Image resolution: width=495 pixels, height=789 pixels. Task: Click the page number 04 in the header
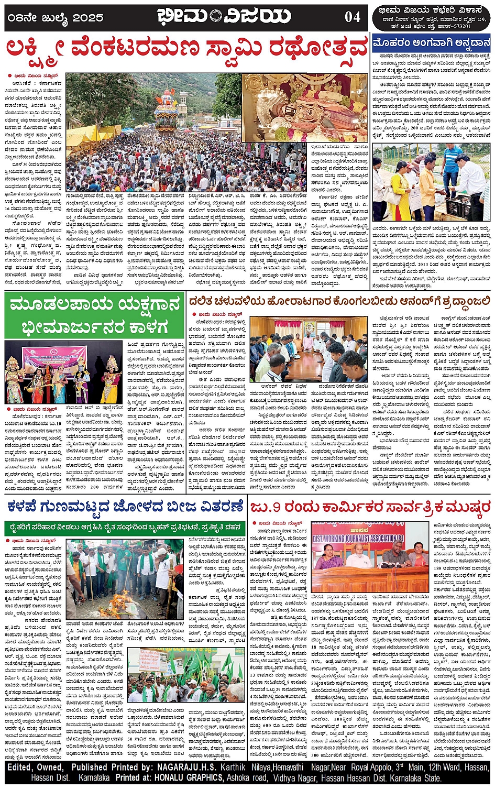(353, 17)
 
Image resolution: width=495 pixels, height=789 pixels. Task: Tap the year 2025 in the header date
(89, 17)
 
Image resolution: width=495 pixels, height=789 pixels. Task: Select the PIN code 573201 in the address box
(459, 26)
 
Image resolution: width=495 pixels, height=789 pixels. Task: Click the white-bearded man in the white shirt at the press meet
(359, 555)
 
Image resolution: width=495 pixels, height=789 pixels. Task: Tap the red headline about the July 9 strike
(370, 507)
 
